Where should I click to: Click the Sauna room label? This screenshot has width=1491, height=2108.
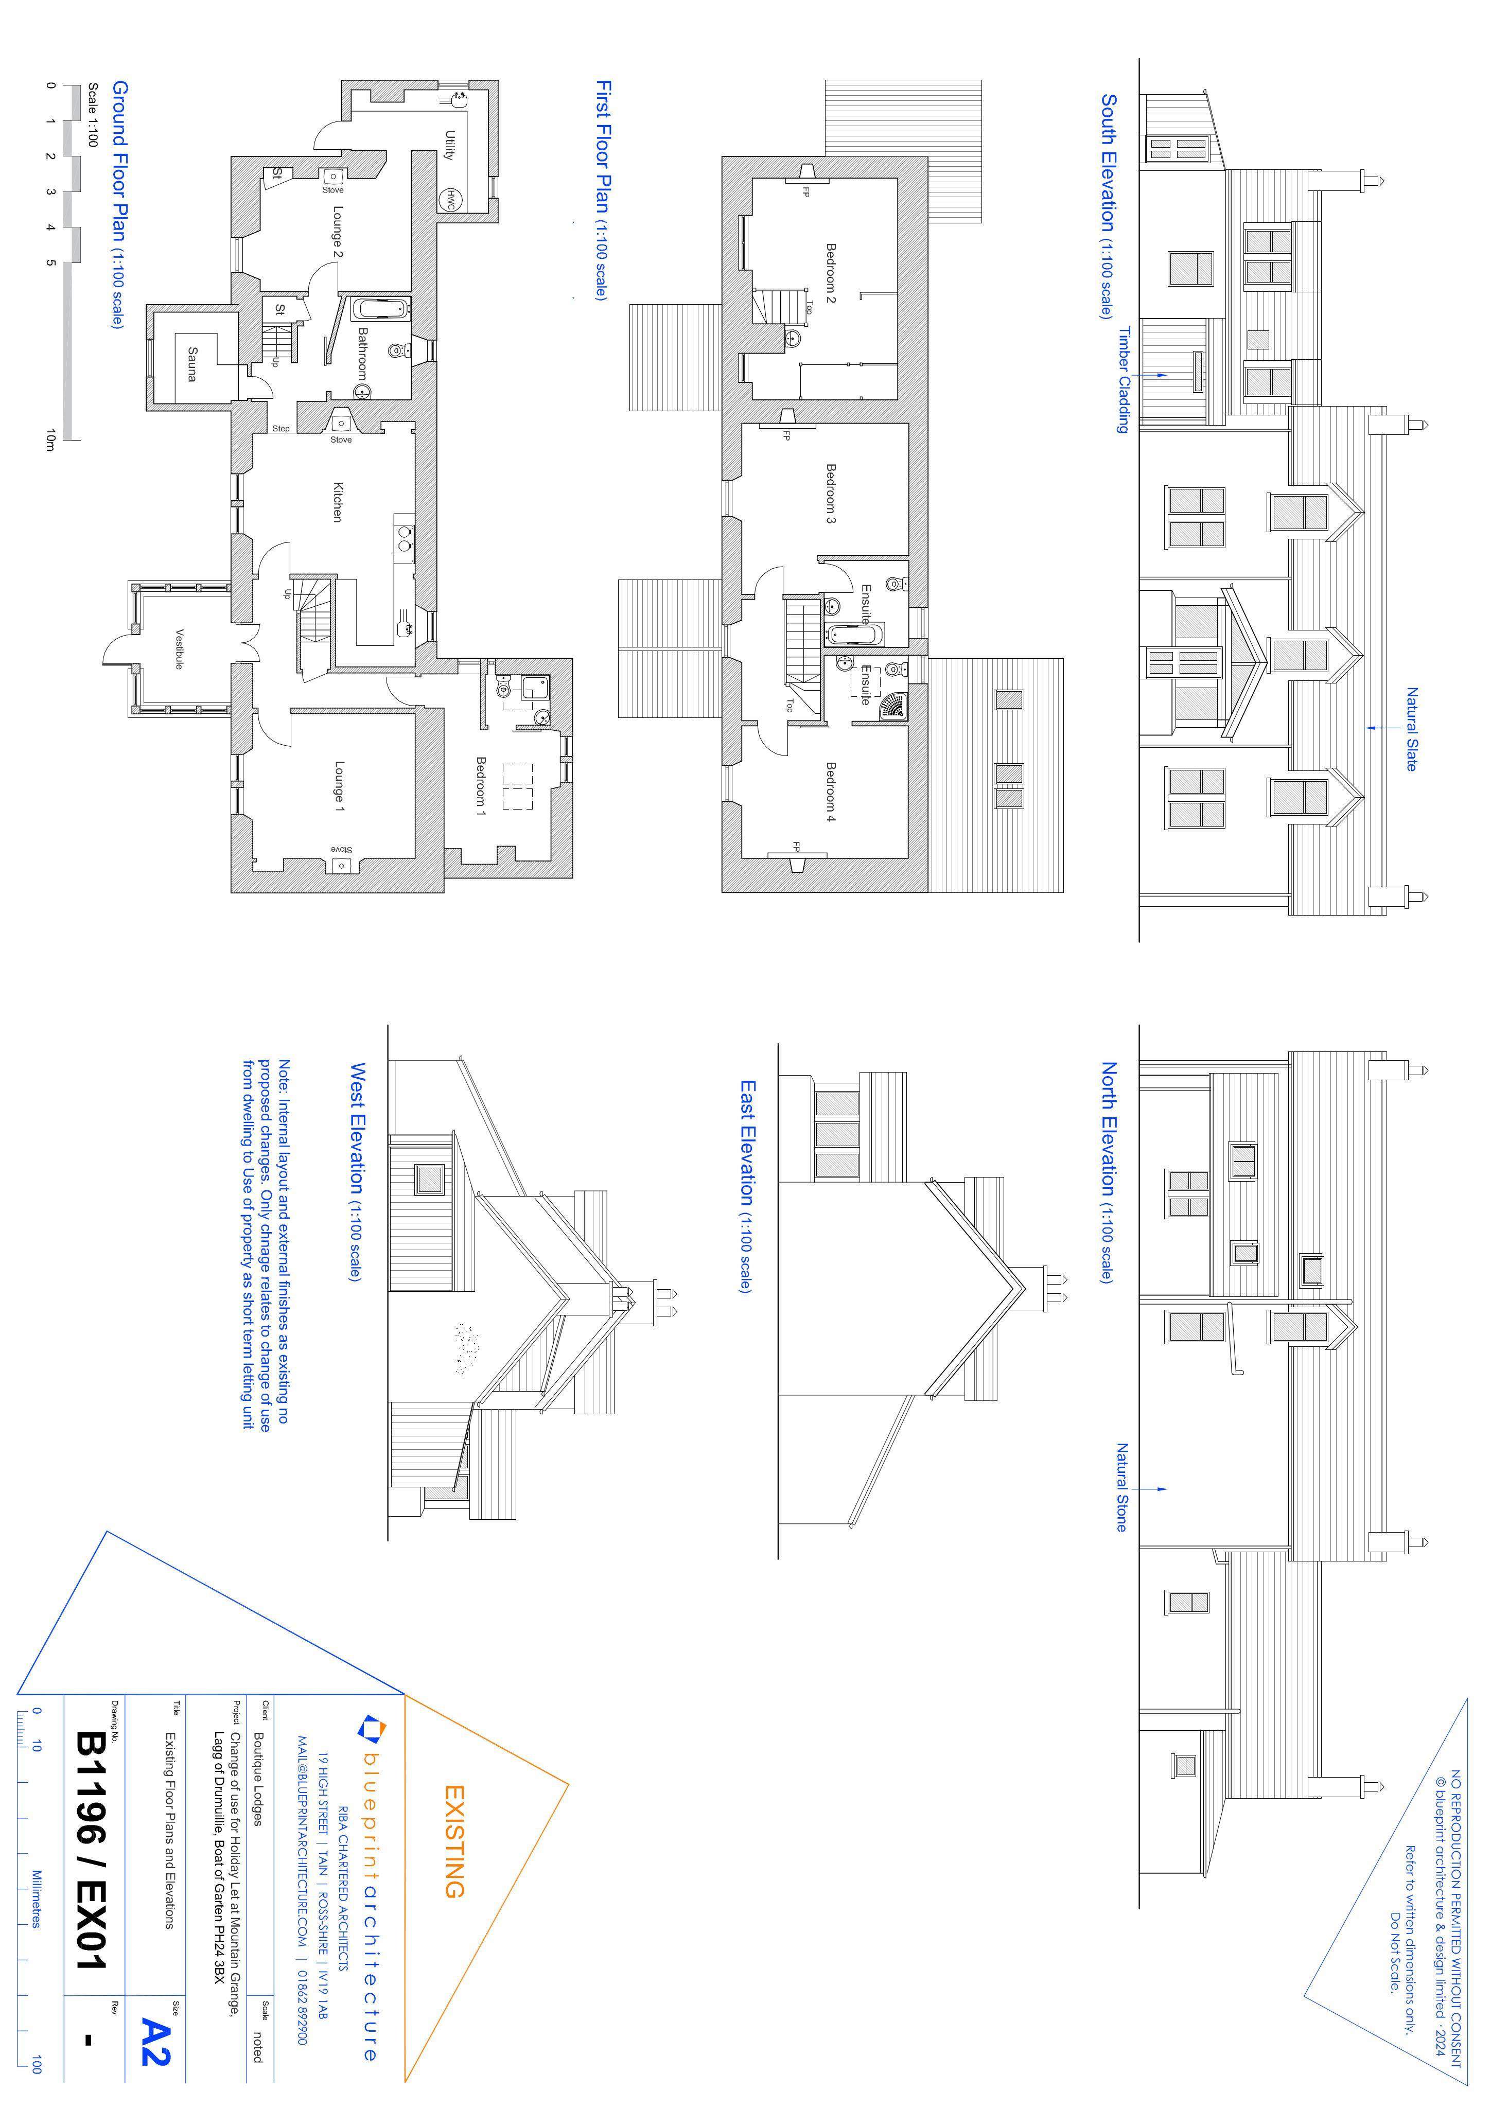[x=192, y=363]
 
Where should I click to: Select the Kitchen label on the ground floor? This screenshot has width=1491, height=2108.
[x=338, y=502]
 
